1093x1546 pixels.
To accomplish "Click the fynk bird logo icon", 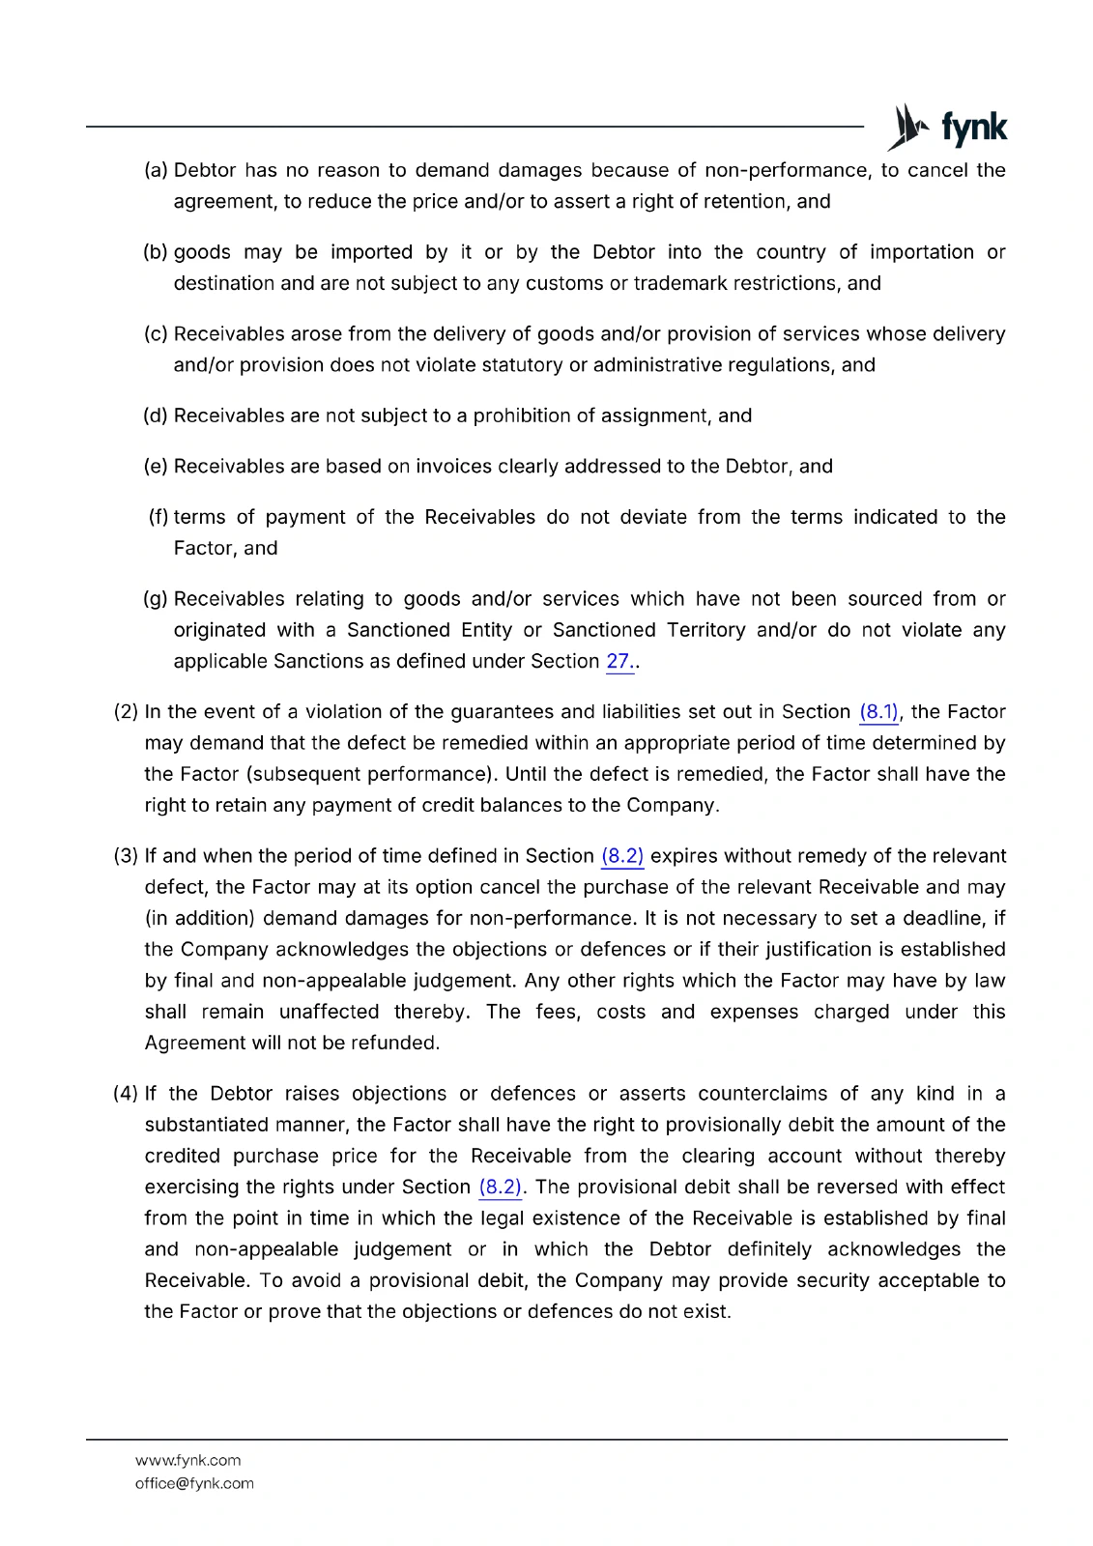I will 907,128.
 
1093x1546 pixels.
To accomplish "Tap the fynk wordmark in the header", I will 974,129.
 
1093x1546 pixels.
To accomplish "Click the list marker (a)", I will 156,171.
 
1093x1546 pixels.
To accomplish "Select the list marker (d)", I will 156,416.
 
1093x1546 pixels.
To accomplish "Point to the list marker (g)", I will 156,599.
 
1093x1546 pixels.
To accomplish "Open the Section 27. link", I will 619,662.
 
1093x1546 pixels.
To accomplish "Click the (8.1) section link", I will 878,712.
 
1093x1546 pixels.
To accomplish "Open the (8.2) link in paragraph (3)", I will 622,856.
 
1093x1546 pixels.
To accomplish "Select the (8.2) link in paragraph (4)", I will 500,1188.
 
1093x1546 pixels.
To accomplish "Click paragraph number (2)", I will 126,712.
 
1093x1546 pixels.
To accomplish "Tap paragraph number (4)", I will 126,1094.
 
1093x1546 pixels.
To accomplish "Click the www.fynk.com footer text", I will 188,1461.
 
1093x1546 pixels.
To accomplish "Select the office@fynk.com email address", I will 194,1484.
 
